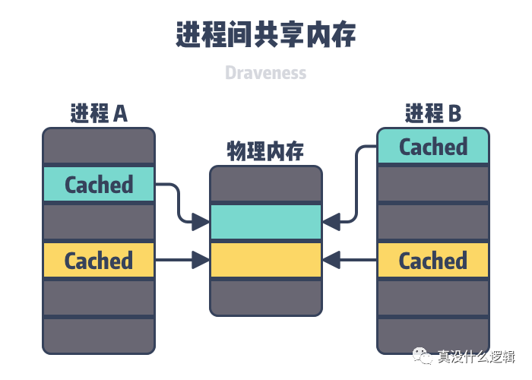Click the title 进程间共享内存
click(x=265, y=35)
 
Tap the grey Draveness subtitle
click(x=265, y=73)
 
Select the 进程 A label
click(x=98, y=114)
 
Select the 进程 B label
click(x=432, y=114)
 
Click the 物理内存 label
click(x=265, y=151)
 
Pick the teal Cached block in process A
click(x=98, y=185)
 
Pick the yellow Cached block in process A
click(x=98, y=261)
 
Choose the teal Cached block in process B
click(x=432, y=146)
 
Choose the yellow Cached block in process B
click(x=432, y=261)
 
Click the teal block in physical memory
click(x=265, y=222)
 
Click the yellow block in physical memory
click(x=265, y=260)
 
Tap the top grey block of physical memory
click(x=265, y=185)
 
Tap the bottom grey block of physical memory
click(x=265, y=296)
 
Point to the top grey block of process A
click(x=98, y=146)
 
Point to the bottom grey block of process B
click(x=432, y=335)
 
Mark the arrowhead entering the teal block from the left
click(x=201, y=222)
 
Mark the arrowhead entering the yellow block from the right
click(x=331, y=261)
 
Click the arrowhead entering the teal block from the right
click(x=331, y=222)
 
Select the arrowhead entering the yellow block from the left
click(x=201, y=261)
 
